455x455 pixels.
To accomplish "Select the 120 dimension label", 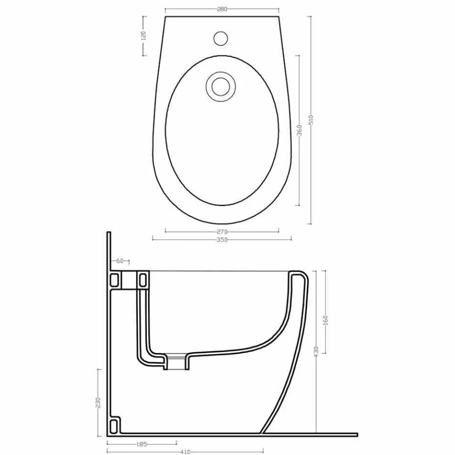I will pyautogui.click(x=143, y=35).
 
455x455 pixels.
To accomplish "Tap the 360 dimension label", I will pyautogui.click(x=299, y=131).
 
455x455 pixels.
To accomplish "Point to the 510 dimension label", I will pyautogui.click(x=311, y=120).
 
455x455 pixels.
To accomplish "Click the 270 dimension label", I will pyautogui.click(x=222, y=232).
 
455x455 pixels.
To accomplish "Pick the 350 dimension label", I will pyautogui.click(x=222, y=239).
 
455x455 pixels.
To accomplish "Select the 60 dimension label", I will pyautogui.click(x=119, y=262).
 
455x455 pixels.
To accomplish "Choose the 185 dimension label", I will pyautogui.click(x=142, y=444).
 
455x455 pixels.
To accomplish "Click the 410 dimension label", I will pyautogui.click(x=185, y=452).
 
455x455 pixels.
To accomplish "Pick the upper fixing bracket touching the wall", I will pyautogui.click(x=116, y=279).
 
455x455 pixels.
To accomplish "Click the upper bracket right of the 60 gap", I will pyautogui.click(x=143, y=280).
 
